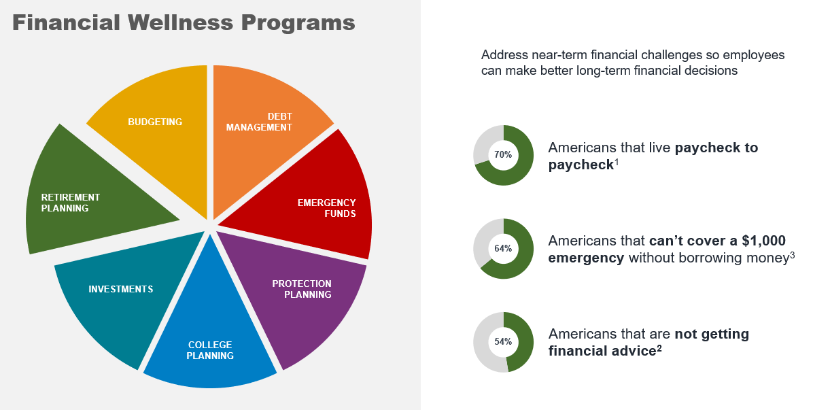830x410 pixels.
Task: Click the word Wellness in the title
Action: tap(180, 22)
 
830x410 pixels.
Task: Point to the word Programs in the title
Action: tap(298, 24)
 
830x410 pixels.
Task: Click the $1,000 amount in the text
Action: tap(763, 241)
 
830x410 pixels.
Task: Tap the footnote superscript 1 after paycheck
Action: tap(617, 162)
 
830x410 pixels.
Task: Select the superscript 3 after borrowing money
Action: tap(792, 255)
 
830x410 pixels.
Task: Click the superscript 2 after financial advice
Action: tap(659, 348)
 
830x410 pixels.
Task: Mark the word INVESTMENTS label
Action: tap(121, 289)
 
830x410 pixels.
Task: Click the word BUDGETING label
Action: tap(155, 122)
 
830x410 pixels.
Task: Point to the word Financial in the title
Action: tap(67, 22)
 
